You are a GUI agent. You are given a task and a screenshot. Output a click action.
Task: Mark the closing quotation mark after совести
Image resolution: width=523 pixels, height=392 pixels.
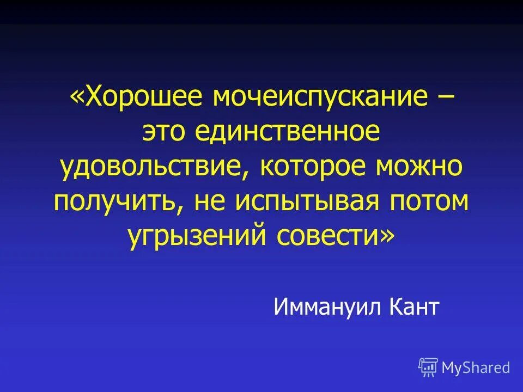[x=386, y=235]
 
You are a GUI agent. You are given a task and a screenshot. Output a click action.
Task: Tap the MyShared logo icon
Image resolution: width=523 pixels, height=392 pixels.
[x=428, y=367]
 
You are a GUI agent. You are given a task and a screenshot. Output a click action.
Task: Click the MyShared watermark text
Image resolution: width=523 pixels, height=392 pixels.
[x=476, y=367]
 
